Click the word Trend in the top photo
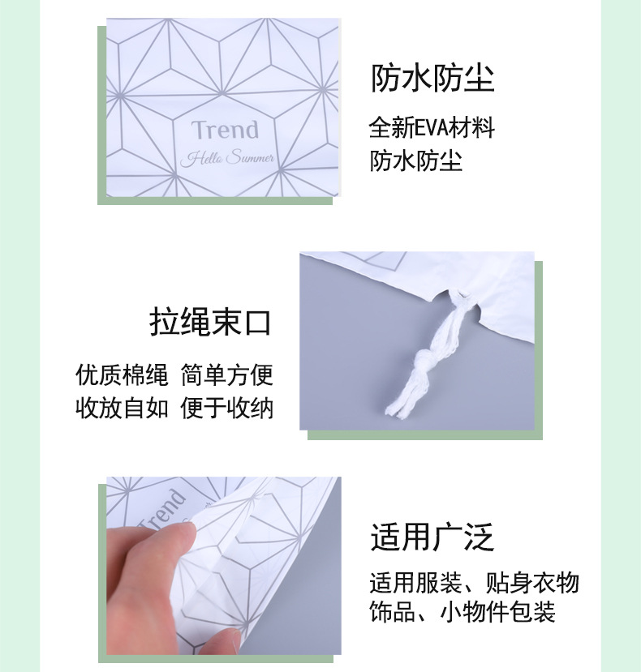[x=225, y=130]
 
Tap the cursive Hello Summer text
[x=227, y=158]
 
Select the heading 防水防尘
[x=432, y=79]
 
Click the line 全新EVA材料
[x=432, y=127]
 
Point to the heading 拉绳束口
[x=211, y=323]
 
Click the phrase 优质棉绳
[x=122, y=375]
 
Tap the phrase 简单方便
[x=226, y=375]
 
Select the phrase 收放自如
[x=122, y=408]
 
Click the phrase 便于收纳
[x=226, y=408]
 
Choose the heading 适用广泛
[x=432, y=537]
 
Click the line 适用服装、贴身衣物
[x=474, y=583]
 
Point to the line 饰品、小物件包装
[x=462, y=611]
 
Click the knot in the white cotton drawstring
[x=424, y=359]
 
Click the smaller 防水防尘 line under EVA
[x=415, y=161]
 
